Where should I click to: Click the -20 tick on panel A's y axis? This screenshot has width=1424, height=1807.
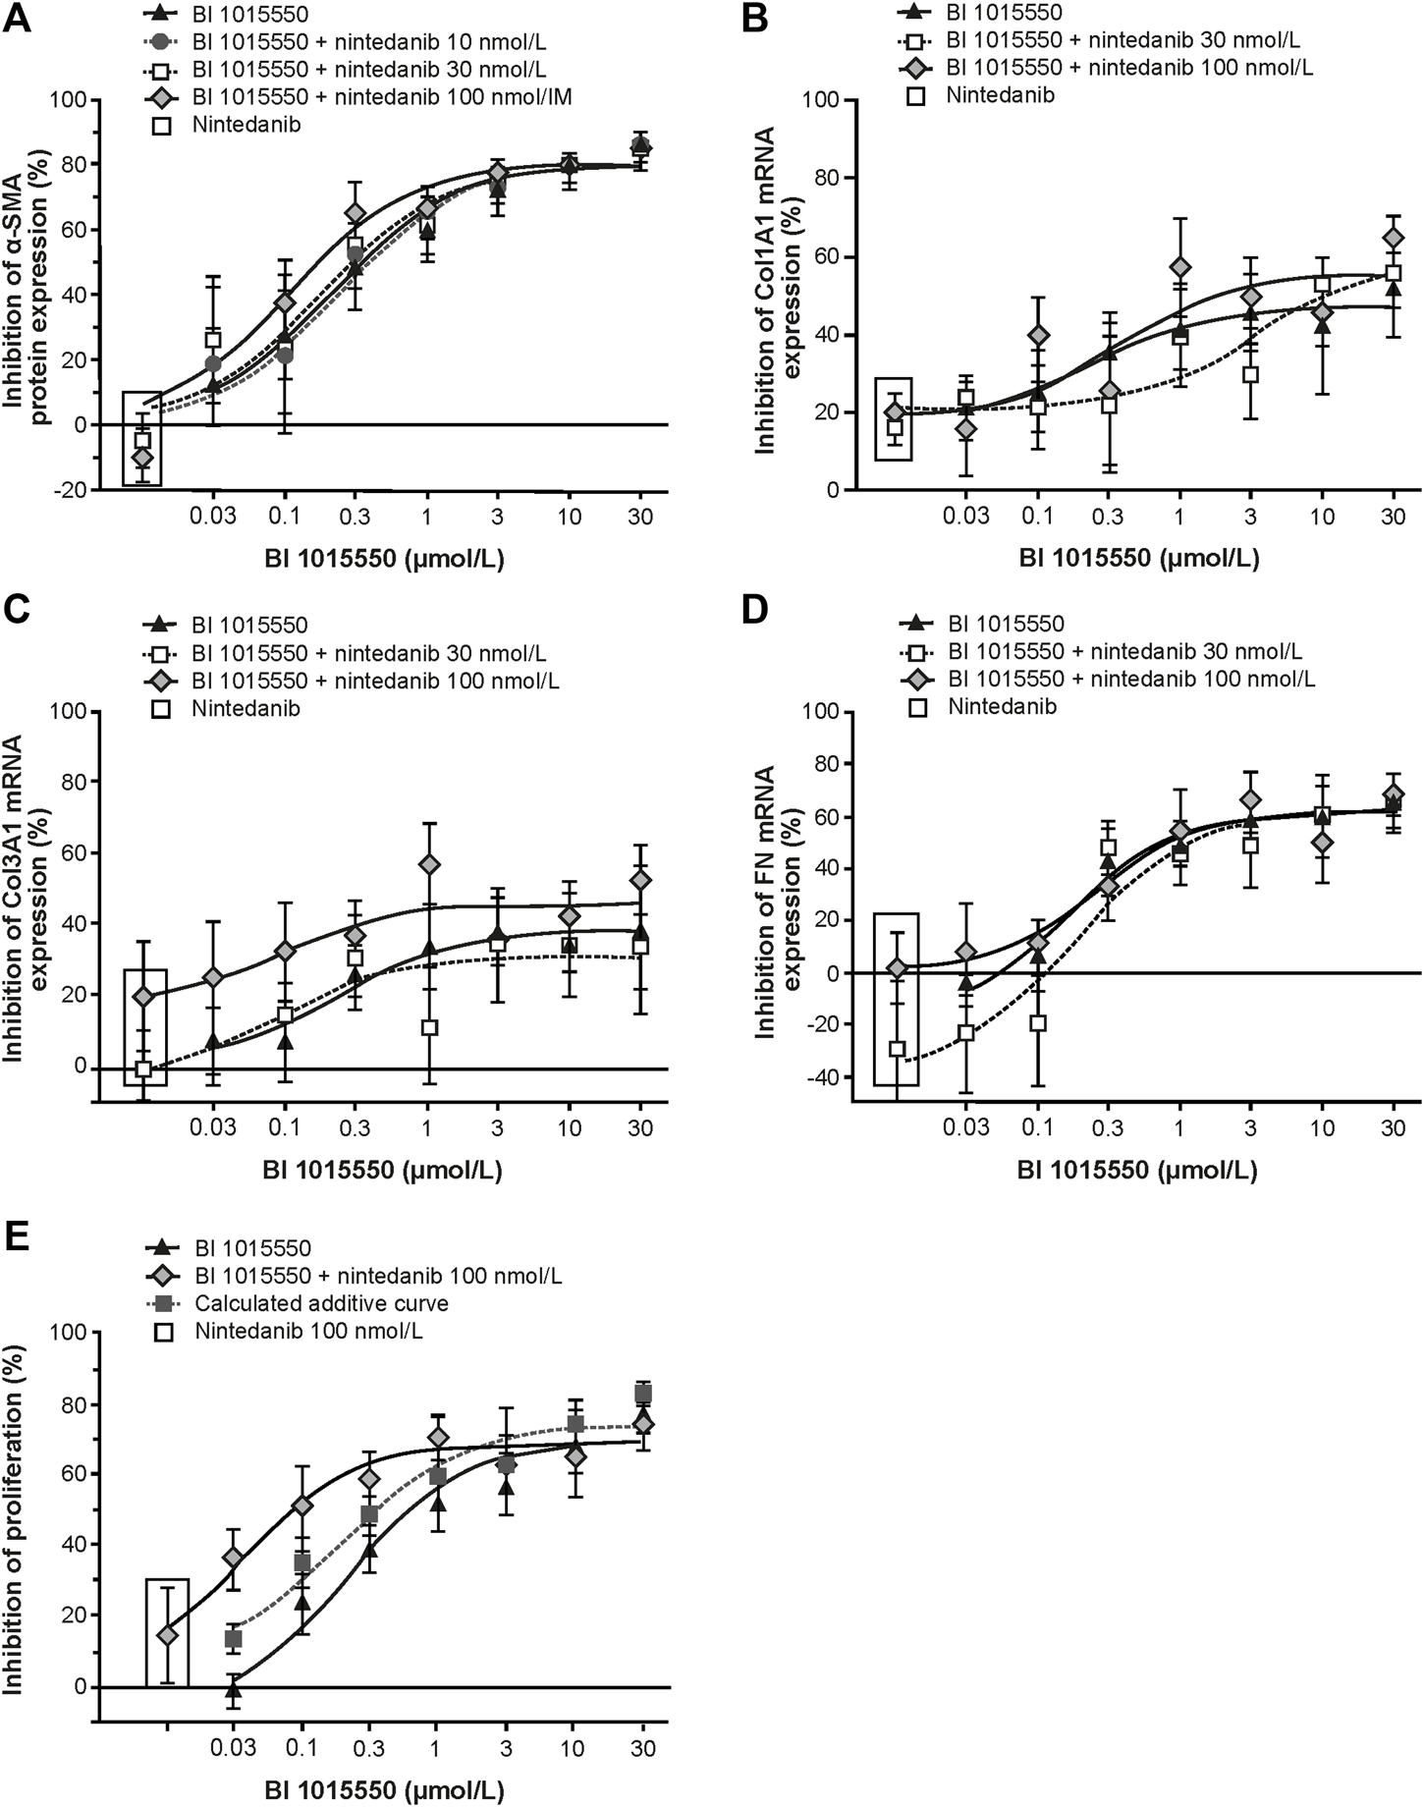coord(69,490)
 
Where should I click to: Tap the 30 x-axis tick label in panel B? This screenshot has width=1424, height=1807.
coord(1392,516)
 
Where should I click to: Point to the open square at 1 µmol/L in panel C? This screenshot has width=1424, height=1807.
coord(428,1028)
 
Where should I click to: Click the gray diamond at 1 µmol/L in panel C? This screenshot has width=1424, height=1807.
coord(428,864)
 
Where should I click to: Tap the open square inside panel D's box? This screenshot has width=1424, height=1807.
coord(896,1049)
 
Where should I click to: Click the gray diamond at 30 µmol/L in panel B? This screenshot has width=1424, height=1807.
coord(1393,238)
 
